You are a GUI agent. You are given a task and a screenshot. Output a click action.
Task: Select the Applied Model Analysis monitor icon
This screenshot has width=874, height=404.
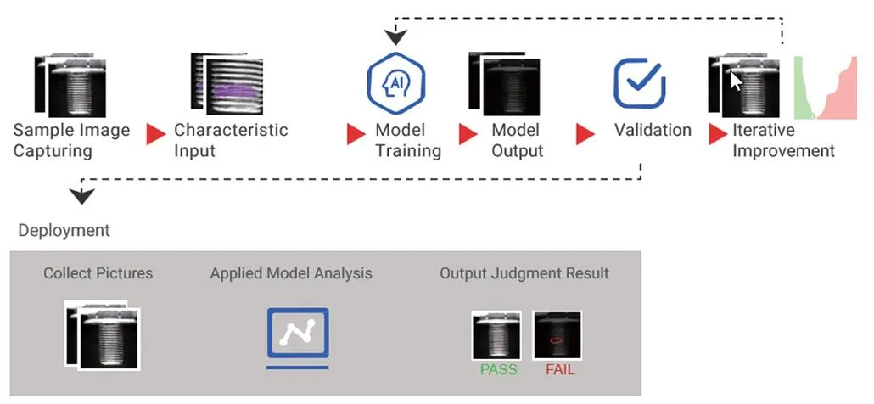pos(298,337)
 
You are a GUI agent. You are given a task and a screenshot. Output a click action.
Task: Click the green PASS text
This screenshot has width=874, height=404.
pos(498,371)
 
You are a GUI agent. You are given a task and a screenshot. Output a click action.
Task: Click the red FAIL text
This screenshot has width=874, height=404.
pos(560,371)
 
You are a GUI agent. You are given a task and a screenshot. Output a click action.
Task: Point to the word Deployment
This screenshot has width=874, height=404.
pos(64,231)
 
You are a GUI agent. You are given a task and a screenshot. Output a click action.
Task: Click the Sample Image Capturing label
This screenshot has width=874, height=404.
pos(71,141)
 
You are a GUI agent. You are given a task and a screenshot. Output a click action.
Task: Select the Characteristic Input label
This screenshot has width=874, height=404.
pos(231,141)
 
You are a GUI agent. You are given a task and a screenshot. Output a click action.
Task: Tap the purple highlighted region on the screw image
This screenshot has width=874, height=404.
pos(226,90)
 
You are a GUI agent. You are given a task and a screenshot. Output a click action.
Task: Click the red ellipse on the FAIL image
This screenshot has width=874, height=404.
pos(557,340)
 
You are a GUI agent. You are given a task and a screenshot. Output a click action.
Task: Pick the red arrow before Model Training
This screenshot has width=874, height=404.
pos(356,134)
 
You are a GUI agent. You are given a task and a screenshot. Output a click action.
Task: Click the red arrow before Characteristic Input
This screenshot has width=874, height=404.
pos(156,134)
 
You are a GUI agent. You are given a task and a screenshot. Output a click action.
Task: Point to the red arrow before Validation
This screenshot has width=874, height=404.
pos(585,134)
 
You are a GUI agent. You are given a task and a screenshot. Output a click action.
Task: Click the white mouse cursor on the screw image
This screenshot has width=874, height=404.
pos(736,82)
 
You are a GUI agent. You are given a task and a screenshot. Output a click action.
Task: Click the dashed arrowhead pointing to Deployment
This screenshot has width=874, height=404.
pos(81,197)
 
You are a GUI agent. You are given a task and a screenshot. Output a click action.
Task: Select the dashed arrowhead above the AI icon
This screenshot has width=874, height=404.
pos(395,37)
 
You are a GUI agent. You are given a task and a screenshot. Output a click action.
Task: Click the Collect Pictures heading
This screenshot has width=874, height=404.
pos(98,273)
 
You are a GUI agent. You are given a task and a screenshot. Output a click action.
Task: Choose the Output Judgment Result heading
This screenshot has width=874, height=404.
pos(524,273)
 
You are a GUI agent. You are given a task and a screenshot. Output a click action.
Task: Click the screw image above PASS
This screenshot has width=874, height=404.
pos(496,335)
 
